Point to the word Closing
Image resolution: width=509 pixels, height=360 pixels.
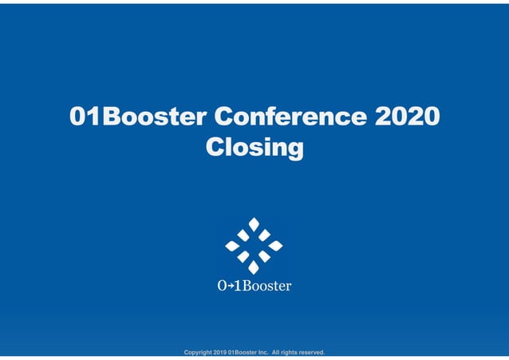254,148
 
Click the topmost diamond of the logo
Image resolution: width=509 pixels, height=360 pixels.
254,224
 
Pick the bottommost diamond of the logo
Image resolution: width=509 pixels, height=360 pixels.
254,267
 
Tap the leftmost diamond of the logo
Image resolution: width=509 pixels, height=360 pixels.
232,246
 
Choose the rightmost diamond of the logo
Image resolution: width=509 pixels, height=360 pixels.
275,246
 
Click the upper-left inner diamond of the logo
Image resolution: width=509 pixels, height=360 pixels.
243,235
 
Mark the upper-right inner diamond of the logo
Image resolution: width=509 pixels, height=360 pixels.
264,235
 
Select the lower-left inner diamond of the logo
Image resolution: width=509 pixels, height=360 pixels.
243,256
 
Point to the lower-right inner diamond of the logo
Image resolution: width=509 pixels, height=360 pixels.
264,256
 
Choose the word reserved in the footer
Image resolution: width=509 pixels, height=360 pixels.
310,352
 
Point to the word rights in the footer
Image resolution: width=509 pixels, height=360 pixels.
288,352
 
